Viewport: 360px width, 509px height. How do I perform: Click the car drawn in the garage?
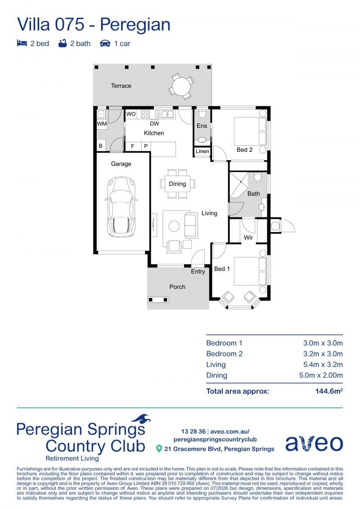[x=121, y=207]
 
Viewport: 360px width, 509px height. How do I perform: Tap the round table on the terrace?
[x=181, y=86]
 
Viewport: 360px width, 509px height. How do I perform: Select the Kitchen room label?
[x=154, y=133]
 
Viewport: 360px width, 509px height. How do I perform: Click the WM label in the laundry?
[x=102, y=124]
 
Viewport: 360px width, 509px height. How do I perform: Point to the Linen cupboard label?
[x=202, y=151]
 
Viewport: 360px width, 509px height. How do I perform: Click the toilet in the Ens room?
[x=202, y=113]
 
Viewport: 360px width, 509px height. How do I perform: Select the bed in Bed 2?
[x=250, y=131]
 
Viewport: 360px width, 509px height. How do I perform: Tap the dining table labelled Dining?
[x=177, y=184]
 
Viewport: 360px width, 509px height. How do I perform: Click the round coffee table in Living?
[x=174, y=226]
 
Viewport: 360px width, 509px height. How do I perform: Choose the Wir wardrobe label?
[x=248, y=238]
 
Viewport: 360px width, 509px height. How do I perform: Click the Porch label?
[x=177, y=287]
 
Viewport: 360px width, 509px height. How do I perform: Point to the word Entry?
[x=198, y=272]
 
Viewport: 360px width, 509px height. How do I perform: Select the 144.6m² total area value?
[x=329, y=391]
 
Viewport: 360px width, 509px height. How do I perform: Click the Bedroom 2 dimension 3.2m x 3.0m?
[x=323, y=354]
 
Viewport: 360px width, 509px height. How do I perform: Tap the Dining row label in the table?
[x=216, y=375]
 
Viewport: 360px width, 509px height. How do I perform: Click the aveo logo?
[x=314, y=443]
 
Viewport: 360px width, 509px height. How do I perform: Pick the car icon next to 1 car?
[x=105, y=44]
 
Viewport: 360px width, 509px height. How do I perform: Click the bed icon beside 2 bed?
[x=22, y=43]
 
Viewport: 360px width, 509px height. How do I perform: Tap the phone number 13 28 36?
[x=193, y=432]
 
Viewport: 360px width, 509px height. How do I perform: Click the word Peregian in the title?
[x=135, y=25]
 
